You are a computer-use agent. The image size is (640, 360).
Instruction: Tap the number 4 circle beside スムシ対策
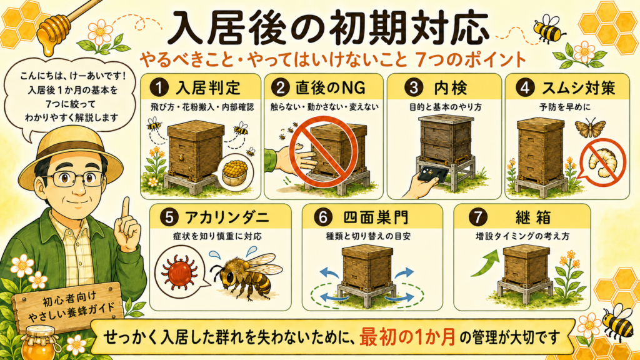pyautogui.click(x=524, y=87)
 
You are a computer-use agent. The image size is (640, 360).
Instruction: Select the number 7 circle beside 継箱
pyautogui.click(x=478, y=217)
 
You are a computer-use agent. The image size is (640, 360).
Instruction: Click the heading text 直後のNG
pyautogui.click(x=330, y=87)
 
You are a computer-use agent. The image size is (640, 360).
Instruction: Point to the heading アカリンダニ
pyautogui.click(x=227, y=217)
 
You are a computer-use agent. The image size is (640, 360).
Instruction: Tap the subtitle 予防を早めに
pyautogui.click(x=565, y=107)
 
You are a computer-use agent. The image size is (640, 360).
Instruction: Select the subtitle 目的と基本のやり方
pyautogui.click(x=445, y=107)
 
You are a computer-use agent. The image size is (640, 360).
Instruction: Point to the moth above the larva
pyautogui.click(x=590, y=127)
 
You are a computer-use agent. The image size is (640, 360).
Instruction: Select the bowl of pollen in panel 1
pyautogui.click(x=236, y=172)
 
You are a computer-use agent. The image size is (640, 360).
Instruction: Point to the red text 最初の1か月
pyautogui.click(x=407, y=337)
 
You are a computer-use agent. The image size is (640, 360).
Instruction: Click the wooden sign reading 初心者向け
pyautogui.click(x=67, y=307)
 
